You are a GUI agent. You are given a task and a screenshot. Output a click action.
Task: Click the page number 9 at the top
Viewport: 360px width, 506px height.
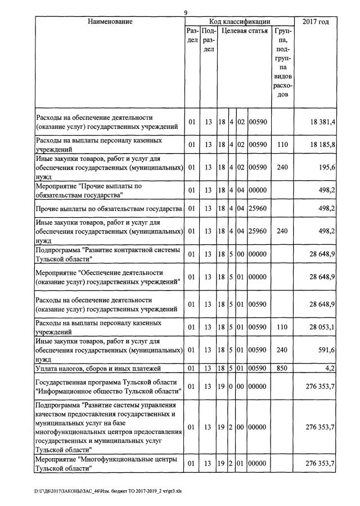tap(186, 13)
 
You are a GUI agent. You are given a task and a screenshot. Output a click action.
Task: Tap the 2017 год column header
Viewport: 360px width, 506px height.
tap(316, 22)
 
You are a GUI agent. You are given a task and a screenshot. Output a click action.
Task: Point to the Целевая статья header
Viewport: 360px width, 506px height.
tap(244, 32)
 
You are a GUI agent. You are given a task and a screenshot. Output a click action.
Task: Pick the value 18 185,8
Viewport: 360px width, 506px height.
tap(323, 145)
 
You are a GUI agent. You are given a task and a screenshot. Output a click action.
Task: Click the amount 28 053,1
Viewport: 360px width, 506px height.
tap(323, 327)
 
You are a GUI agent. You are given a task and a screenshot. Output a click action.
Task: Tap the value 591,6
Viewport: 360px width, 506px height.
tap(327, 350)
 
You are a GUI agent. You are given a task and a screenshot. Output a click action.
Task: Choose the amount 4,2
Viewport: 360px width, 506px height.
tap(331, 368)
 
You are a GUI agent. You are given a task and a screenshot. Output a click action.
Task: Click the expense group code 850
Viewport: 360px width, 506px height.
tap(282, 368)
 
